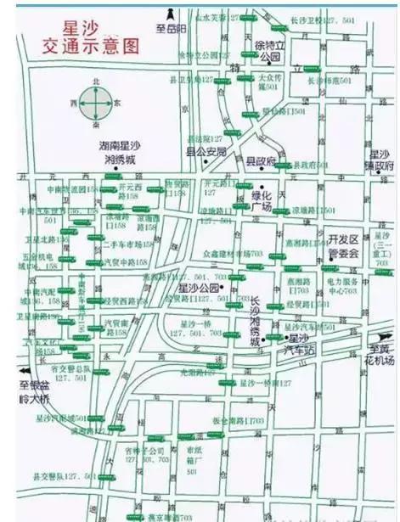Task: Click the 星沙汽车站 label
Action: click(x=301, y=344)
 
